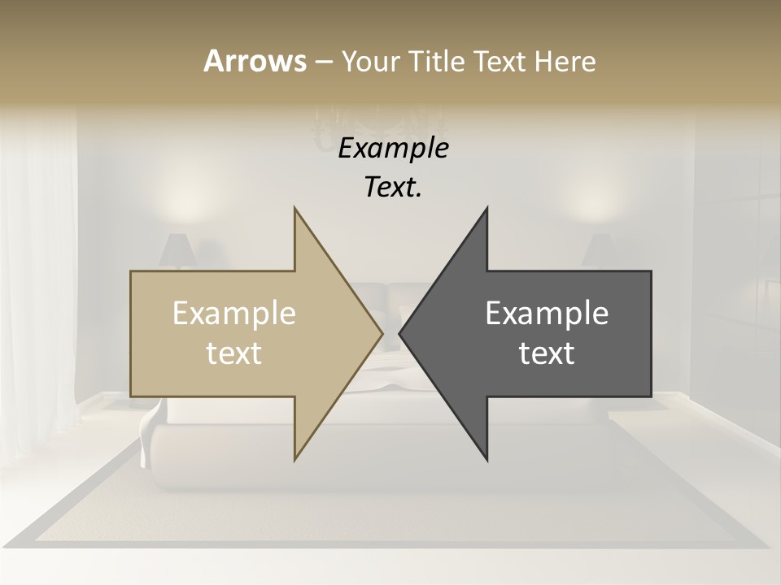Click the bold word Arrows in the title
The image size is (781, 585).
pos(255,61)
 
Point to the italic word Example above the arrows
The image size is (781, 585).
pos(393,149)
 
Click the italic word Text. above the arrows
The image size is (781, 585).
pos(393,188)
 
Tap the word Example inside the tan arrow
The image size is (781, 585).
pos(234,314)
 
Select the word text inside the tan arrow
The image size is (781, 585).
pos(234,353)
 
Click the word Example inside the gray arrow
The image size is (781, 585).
pos(547,314)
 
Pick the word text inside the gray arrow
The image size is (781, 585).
pos(547,353)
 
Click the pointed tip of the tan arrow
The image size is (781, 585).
pos(381,333)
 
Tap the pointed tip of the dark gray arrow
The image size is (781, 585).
pos(401,333)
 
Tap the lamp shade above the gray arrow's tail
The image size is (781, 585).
pos(599,250)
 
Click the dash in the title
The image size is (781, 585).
pos(323,63)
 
